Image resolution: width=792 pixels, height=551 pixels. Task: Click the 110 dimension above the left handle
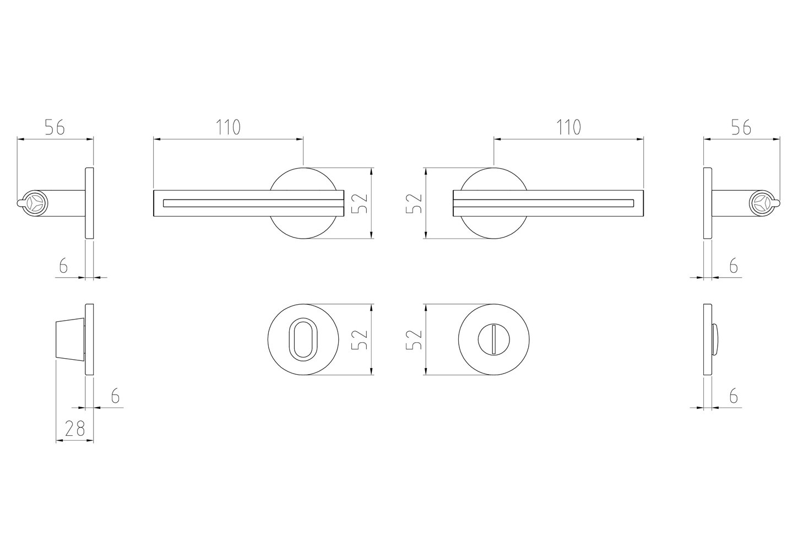click(229, 127)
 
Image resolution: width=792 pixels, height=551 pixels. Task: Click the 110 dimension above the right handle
click(569, 127)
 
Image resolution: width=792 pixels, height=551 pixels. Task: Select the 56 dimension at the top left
click(55, 127)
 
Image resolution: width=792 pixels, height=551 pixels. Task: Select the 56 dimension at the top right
click(741, 127)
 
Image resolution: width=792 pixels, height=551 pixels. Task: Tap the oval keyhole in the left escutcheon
click(303, 339)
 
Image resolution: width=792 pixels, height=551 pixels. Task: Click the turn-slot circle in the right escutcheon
click(493, 339)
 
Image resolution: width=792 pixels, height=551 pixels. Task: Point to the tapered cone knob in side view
click(70, 339)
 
